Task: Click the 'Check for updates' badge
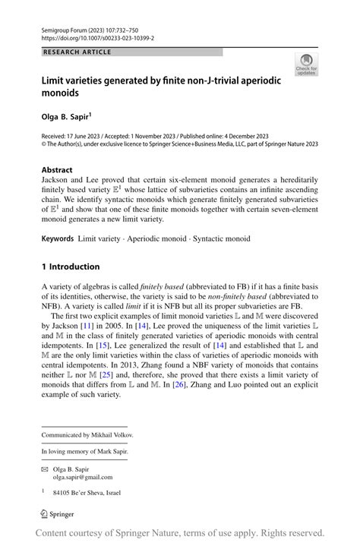click(307, 64)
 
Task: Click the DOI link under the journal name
click(97, 37)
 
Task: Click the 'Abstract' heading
click(57, 170)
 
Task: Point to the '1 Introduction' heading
click(71, 267)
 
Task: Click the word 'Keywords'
click(57, 239)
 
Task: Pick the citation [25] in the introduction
click(104, 375)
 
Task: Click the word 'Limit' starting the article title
click(55, 80)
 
